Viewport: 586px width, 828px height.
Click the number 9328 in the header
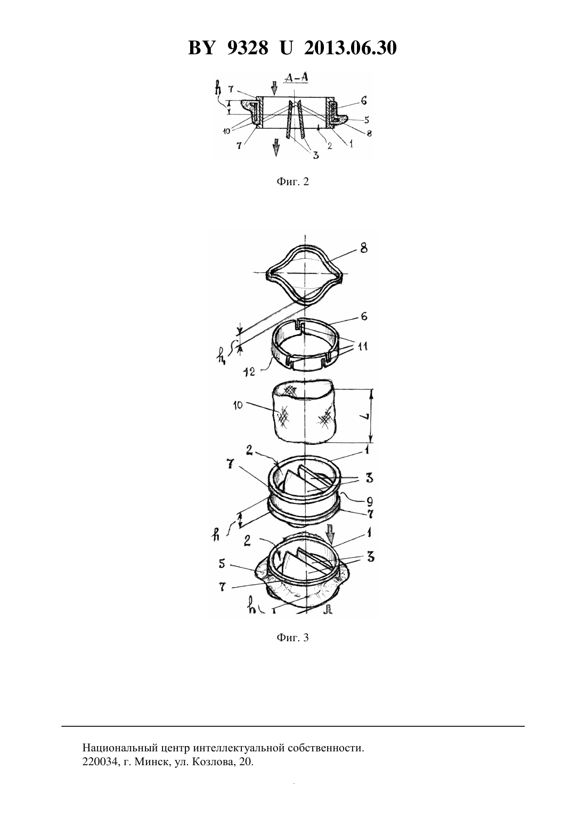click(247, 48)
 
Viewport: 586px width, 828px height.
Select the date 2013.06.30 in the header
click(351, 48)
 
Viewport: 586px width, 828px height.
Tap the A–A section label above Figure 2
click(296, 78)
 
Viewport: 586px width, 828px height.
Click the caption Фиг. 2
click(292, 181)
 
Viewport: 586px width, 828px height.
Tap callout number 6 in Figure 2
click(364, 101)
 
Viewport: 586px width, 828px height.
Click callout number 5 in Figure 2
click(367, 120)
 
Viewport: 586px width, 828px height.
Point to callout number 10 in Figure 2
click(226, 131)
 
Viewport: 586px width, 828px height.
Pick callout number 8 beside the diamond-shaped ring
click(364, 248)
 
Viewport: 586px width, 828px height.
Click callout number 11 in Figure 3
click(363, 346)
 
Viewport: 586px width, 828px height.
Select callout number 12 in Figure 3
click(249, 371)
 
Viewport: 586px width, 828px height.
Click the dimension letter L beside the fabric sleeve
click(364, 416)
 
